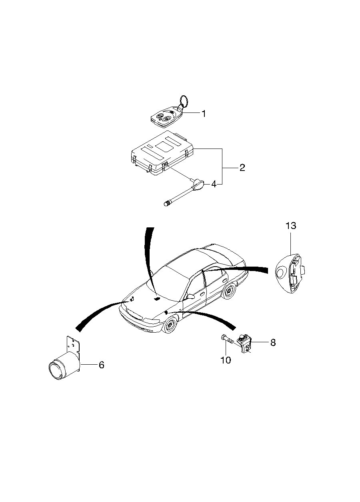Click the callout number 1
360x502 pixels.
click(x=204, y=113)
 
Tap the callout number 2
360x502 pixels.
click(x=242, y=168)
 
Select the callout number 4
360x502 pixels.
click(x=214, y=185)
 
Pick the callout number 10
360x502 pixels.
click(x=226, y=360)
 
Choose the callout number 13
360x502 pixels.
click(x=290, y=226)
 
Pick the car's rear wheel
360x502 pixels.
click(x=229, y=291)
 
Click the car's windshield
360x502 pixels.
click(x=167, y=285)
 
